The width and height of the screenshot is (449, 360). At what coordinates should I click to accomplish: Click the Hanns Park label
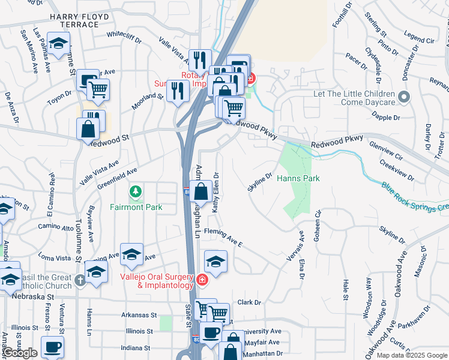coord(298,178)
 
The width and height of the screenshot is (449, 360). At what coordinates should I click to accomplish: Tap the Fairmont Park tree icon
coord(136,192)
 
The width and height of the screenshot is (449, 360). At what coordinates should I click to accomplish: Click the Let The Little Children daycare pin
coord(404,96)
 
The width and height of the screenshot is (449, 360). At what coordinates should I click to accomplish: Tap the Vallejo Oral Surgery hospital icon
coord(203,279)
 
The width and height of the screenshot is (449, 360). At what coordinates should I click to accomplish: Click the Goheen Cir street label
coord(318,221)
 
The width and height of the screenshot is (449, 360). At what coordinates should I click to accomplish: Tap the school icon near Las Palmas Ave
coord(58,43)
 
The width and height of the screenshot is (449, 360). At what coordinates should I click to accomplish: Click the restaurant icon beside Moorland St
coord(176,91)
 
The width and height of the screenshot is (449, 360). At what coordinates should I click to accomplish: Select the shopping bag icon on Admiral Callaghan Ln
coord(202,192)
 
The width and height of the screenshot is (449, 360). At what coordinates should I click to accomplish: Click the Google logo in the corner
coord(20,353)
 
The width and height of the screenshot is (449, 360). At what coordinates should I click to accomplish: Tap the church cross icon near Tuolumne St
coord(81,280)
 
